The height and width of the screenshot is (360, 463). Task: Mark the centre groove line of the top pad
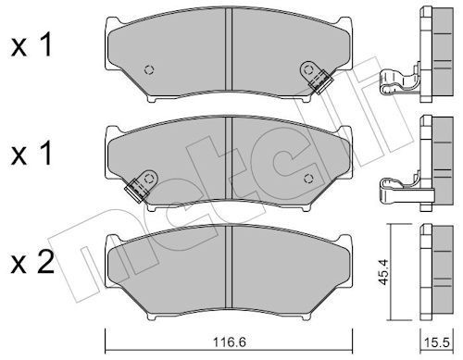point(229,56)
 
